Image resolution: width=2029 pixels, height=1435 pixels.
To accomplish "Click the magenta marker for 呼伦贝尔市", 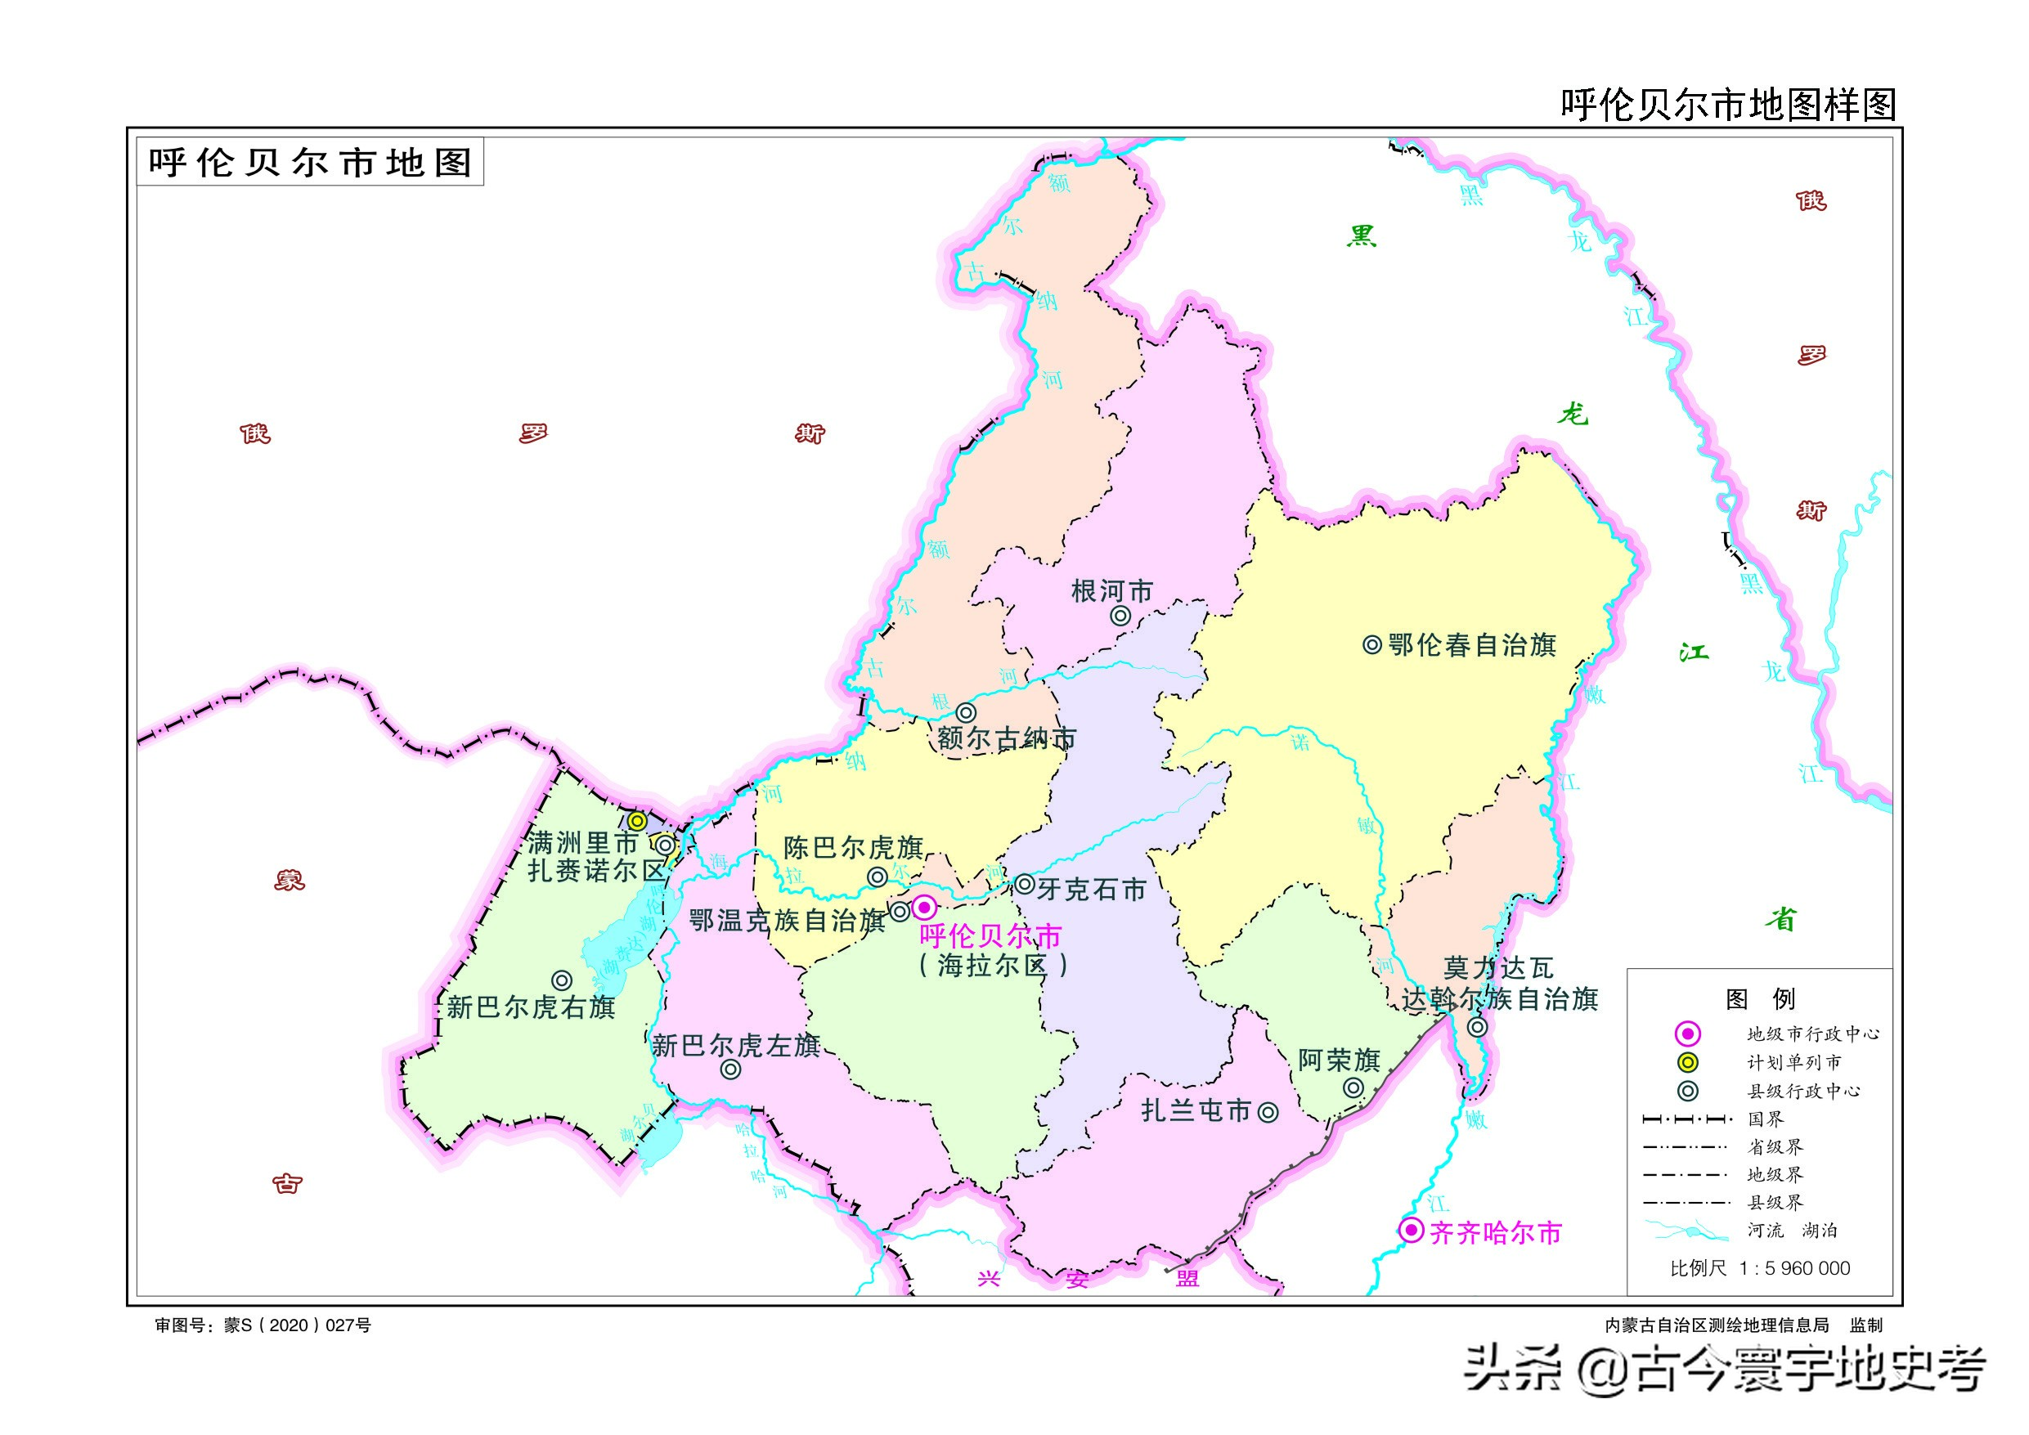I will [x=923, y=907].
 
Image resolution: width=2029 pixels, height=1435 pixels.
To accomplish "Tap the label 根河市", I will [x=1111, y=591].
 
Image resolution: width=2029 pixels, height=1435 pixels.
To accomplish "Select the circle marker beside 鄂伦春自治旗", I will [x=1371, y=645].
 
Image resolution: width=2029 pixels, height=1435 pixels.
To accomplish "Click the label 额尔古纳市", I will [x=1007, y=738].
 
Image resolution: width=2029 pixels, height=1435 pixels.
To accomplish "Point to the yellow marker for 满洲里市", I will [x=637, y=821].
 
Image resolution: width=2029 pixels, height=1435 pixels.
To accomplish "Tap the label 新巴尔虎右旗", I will [x=530, y=1007].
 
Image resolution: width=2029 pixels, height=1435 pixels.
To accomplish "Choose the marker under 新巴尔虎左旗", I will [x=730, y=1070].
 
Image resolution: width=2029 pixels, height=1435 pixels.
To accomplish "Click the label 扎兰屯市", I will [x=1196, y=1110].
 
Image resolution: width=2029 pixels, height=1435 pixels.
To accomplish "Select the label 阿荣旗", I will [x=1338, y=1060].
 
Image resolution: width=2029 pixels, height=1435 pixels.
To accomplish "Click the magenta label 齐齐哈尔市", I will [x=1495, y=1233].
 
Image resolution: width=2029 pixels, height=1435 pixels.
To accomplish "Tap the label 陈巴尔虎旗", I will [x=853, y=847].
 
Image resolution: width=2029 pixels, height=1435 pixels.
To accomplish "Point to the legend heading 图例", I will [x=1758, y=999].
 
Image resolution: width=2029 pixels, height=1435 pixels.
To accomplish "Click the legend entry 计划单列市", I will [x=1794, y=1062].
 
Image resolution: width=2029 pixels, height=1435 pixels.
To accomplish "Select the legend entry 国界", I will [x=1766, y=1119].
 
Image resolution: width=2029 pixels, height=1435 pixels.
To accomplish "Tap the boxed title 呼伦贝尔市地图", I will [x=310, y=163].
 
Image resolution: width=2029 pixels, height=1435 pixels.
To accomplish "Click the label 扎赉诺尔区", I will [x=595, y=870].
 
